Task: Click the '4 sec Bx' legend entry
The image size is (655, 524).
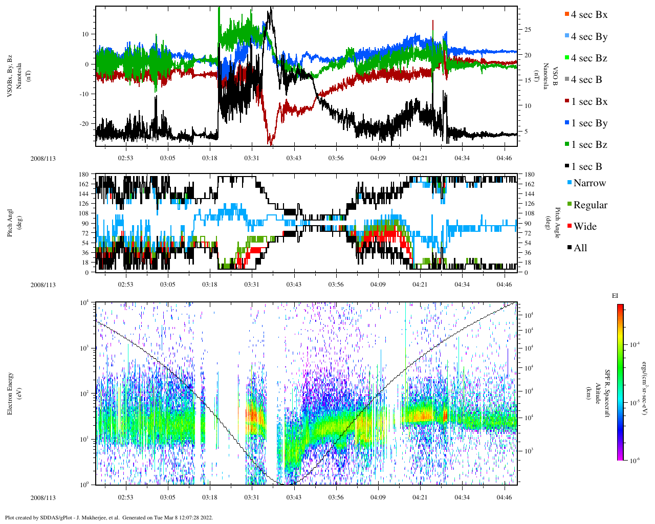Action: [x=588, y=15]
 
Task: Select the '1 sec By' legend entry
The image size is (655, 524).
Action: [x=588, y=123]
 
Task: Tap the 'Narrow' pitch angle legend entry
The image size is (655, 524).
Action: [x=589, y=183]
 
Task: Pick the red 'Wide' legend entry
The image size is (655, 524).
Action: [x=584, y=227]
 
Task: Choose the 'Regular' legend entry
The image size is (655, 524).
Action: [x=589, y=205]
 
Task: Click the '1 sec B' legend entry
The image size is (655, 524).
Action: [x=586, y=167]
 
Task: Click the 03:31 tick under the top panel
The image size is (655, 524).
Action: [x=251, y=158]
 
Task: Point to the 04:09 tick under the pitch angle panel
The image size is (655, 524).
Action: [x=378, y=285]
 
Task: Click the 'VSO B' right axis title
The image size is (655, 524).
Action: [x=554, y=76]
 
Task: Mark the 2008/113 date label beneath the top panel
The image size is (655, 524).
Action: [x=43, y=159]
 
